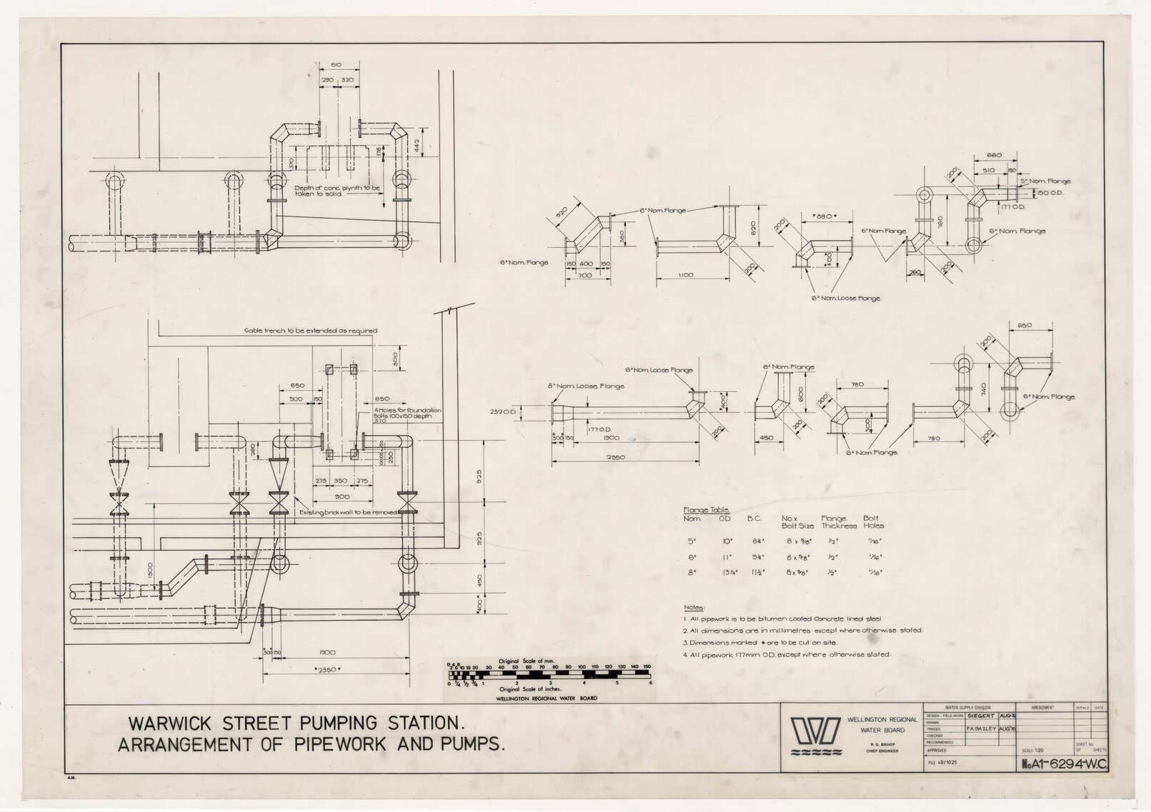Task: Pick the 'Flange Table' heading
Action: (706, 510)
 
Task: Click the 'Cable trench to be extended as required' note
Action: (310, 331)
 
